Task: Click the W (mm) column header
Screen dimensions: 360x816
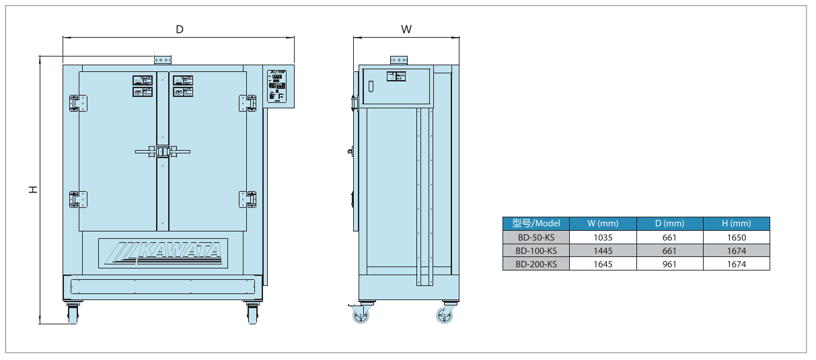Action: tap(602, 223)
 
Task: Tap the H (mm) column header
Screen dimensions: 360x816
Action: tap(736, 223)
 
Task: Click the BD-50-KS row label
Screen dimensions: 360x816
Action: tap(535, 237)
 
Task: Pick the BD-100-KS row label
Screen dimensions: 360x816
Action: tap(535, 250)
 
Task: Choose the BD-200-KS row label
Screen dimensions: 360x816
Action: tap(535, 264)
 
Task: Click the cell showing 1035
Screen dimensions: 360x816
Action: tap(602, 237)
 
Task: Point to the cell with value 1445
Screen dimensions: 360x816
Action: tap(602, 250)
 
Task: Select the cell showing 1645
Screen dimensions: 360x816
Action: tap(602, 264)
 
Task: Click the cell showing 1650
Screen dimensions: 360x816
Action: tap(736, 237)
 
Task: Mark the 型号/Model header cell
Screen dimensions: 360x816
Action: tap(535, 223)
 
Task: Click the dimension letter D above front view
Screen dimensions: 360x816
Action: tap(180, 29)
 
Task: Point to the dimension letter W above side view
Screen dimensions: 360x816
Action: tap(406, 29)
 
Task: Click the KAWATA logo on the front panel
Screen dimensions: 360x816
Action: tap(163, 252)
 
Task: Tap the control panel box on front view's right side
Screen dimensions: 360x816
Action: tap(278, 87)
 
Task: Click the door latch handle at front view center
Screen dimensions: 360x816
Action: tap(163, 151)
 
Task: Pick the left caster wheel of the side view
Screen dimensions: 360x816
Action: tap(362, 316)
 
